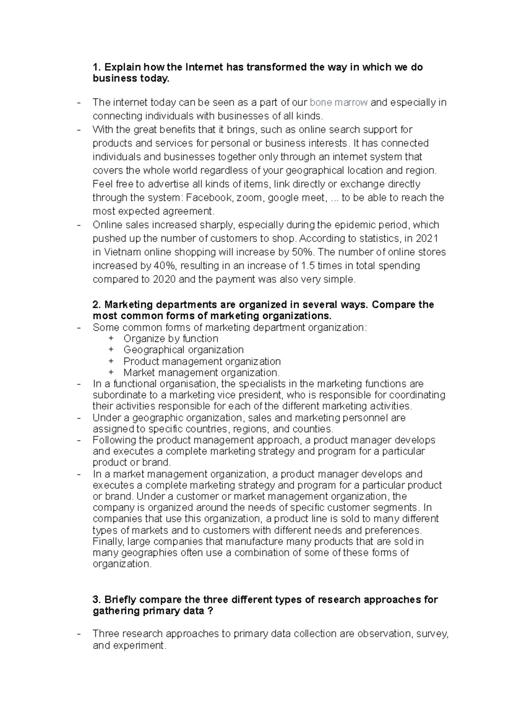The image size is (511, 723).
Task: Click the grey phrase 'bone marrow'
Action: [339, 102]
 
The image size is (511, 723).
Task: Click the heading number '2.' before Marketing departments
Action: [97, 305]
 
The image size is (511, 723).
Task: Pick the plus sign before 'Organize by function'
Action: [111, 339]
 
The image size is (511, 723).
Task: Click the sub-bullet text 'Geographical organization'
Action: [184, 350]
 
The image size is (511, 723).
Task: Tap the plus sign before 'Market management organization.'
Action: [111, 373]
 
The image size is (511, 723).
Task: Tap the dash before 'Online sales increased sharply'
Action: [79, 225]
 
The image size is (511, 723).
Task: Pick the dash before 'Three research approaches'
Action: [79, 634]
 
